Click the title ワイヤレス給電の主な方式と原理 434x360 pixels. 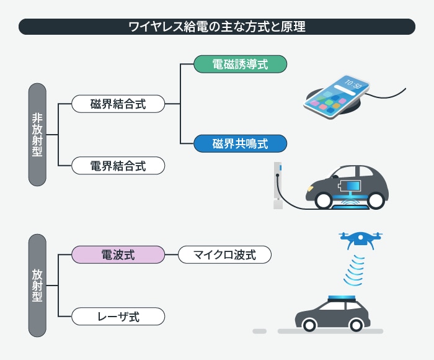(x=216, y=27)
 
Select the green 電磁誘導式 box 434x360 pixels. (x=240, y=65)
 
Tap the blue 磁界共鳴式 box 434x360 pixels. (x=240, y=144)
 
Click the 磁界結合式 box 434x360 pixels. (x=118, y=104)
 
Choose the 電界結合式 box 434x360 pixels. (x=118, y=166)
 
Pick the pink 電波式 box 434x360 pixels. (x=118, y=254)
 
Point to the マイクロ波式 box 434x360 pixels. (x=225, y=254)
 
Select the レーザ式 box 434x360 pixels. (x=118, y=317)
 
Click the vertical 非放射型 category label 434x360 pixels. (x=37, y=134)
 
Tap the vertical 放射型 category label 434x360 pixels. (x=37, y=285)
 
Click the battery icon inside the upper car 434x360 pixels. (x=348, y=186)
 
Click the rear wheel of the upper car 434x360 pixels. (x=323, y=199)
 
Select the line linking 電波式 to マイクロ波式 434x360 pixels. (x=171, y=254)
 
